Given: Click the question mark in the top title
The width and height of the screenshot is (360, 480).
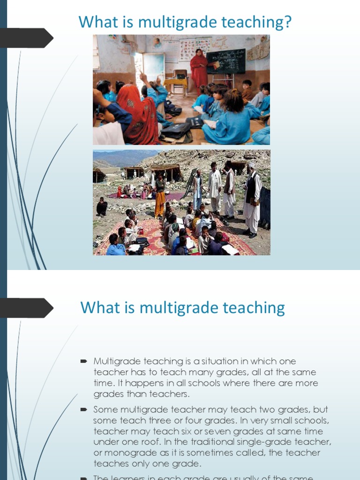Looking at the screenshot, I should click(x=287, y=22).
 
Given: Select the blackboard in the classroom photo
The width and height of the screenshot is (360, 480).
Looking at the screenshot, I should click(x=226, y=60).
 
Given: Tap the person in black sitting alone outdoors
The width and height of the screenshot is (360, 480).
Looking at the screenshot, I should click(x=101, y=206).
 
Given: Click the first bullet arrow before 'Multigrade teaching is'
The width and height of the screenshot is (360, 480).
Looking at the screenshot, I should click(x=84, y=361).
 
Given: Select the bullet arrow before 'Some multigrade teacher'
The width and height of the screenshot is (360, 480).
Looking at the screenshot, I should click(x=84, y=409).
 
